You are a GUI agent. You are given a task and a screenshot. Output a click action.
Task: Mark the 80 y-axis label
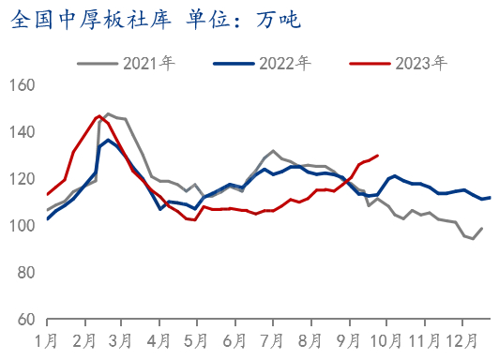(x=25, y=273)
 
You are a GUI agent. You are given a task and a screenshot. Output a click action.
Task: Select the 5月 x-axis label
(x=195, y=339)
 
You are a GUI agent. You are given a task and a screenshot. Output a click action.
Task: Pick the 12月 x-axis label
(x=459, y=339)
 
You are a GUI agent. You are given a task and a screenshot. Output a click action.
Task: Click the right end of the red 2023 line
(x=377, y=156)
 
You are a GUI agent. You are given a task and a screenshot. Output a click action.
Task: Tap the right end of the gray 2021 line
(x=482, y=228)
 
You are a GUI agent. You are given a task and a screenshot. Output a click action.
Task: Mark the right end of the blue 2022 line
(x=490, y=197)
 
